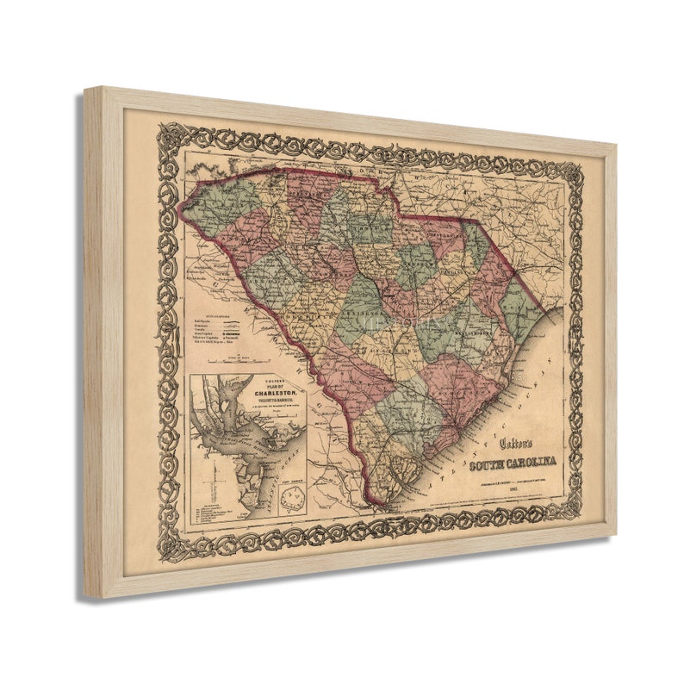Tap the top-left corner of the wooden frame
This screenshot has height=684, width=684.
tap(87, 88)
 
